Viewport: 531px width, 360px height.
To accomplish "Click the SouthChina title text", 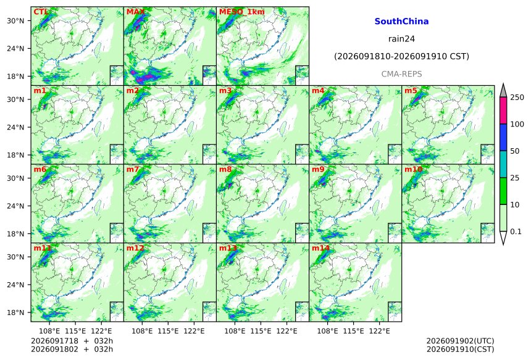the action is point(401,22).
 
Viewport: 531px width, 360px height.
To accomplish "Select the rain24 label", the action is point(401,39).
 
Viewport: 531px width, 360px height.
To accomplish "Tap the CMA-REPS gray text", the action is point(401,74).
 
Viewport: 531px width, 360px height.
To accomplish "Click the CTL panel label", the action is point(40,12).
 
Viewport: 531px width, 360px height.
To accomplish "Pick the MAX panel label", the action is point(135,12).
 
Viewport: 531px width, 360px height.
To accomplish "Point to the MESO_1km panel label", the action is point(242,12).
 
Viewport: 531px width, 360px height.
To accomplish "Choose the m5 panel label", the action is point(411,91).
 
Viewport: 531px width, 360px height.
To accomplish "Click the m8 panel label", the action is point(225,169).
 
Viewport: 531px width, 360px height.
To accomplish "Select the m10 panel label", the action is point(413,169).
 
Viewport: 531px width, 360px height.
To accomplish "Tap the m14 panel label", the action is point(320,248).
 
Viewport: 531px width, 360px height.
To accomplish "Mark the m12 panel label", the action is point(135,248).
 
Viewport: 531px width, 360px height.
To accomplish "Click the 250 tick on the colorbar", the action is point(517,97).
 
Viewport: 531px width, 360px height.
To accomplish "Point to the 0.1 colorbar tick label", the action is point(516,232).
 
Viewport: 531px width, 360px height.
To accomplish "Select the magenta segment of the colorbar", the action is point(503,111).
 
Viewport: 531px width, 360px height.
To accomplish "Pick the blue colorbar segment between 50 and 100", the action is point(503,137).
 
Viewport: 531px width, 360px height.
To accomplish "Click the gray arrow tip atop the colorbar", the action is point(503,83).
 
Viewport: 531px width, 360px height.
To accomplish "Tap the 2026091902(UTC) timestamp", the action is point(460,341).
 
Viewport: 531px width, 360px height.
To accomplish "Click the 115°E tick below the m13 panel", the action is point(261,330).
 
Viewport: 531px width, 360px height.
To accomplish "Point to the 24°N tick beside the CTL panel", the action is point(15,48).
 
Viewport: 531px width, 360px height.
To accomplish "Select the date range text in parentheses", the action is point(401,56).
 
